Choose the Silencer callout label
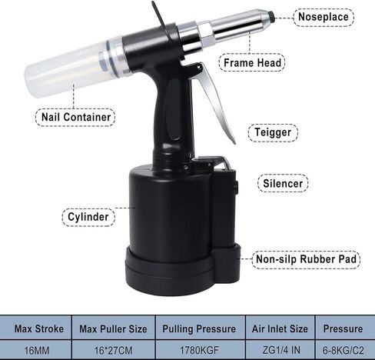coord(284,184)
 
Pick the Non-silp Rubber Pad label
coord(307,260)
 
